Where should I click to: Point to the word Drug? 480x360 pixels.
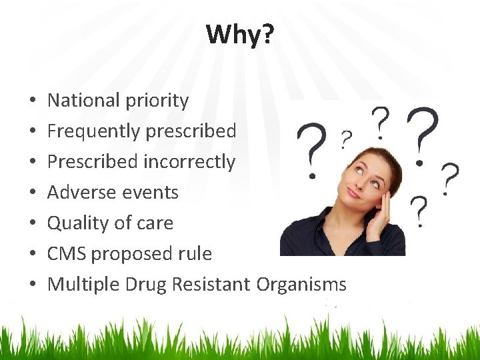[146, 285]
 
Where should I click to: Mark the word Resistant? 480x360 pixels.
[211, 285]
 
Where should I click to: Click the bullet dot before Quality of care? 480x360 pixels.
[33, 224]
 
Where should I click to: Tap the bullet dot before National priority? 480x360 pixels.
[33, 101]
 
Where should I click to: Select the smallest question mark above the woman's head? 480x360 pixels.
[346, 139]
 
